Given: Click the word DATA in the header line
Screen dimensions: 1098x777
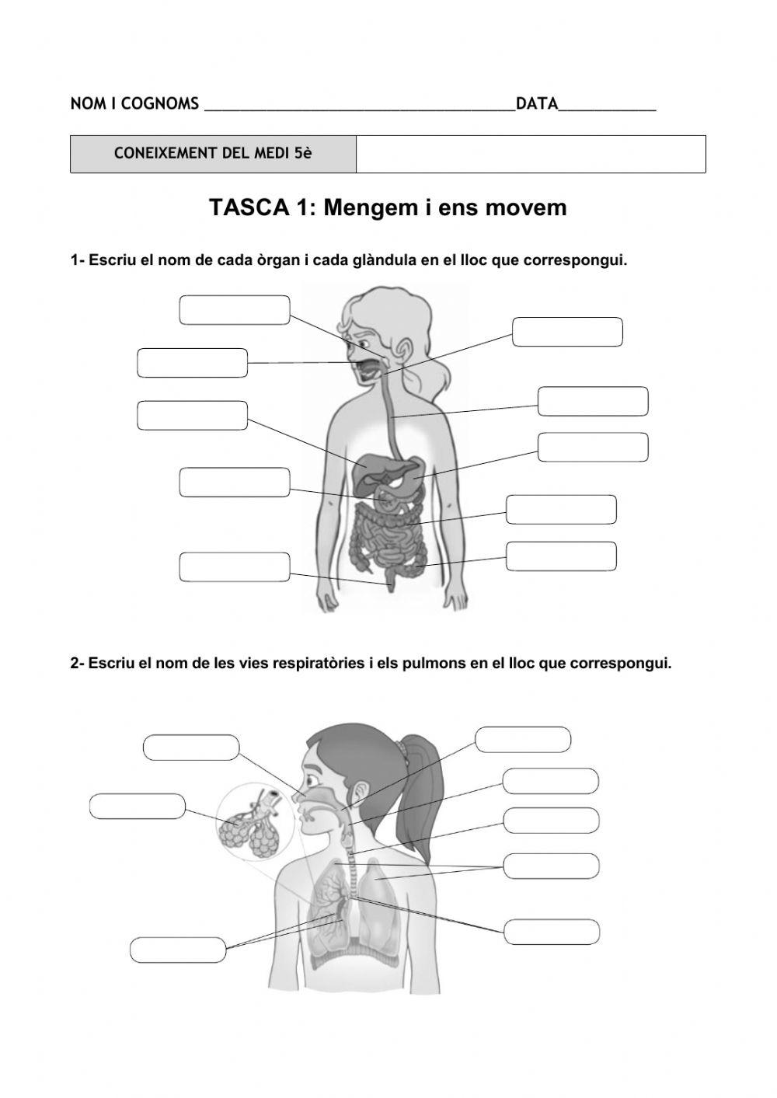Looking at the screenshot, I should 537,103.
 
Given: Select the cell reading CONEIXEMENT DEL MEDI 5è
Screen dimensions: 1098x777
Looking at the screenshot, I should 213,153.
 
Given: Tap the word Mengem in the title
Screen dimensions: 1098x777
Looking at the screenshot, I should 362,207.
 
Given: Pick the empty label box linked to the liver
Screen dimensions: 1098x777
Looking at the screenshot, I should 192,415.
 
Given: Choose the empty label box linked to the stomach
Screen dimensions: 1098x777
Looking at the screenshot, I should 593,447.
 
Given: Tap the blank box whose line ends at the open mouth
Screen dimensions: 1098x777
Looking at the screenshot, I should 192,363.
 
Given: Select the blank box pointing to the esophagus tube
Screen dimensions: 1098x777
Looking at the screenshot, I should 593,401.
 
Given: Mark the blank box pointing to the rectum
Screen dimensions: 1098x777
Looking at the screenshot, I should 234,566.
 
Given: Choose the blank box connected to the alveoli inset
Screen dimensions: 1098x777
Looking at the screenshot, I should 138,807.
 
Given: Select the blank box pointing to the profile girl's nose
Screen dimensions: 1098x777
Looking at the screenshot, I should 190,748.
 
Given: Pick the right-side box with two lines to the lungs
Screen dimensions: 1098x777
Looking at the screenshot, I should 551,866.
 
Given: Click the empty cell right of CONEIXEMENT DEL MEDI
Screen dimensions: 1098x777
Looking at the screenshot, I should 531,153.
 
